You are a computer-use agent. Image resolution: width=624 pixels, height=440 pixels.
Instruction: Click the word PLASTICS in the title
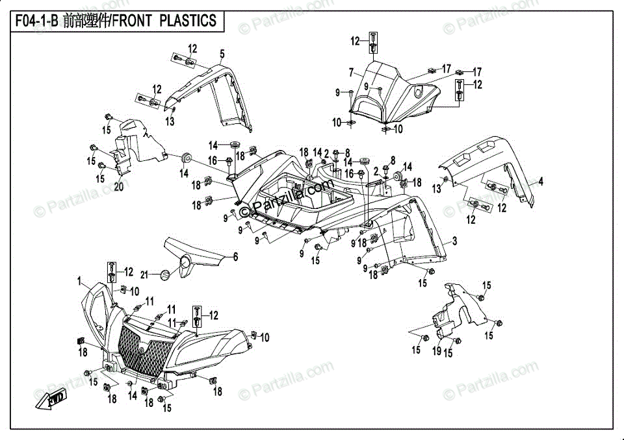point(188,21)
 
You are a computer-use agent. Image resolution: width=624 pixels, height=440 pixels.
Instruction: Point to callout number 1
point(79,282)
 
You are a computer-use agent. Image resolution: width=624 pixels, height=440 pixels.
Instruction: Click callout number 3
point(454,241)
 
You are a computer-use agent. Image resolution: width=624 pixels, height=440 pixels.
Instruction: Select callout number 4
point(540,182)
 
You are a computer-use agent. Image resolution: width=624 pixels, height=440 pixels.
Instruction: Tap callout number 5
point(222,54)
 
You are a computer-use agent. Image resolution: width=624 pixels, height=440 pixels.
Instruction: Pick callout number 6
point(235,257)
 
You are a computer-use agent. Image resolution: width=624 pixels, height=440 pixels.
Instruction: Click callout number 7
point(351,73)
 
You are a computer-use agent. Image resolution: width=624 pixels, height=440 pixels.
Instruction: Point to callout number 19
point(437,350)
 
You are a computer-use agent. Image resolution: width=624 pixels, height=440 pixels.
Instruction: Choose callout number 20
point(119,186)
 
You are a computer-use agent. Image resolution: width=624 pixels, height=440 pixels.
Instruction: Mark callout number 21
point(144,275)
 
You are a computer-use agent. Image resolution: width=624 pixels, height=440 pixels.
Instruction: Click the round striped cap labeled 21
point(166,275)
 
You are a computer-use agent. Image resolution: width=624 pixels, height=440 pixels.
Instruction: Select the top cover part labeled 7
point(394,92)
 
